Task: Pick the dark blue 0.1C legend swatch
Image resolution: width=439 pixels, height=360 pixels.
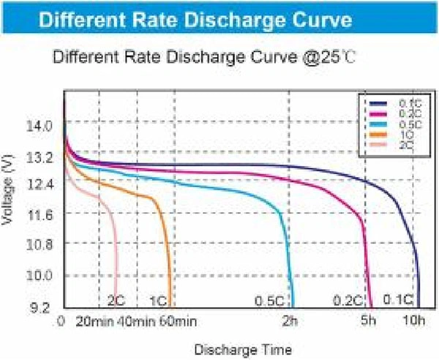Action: pos(378,104)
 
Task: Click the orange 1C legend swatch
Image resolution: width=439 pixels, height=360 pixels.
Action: pos(378,135)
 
